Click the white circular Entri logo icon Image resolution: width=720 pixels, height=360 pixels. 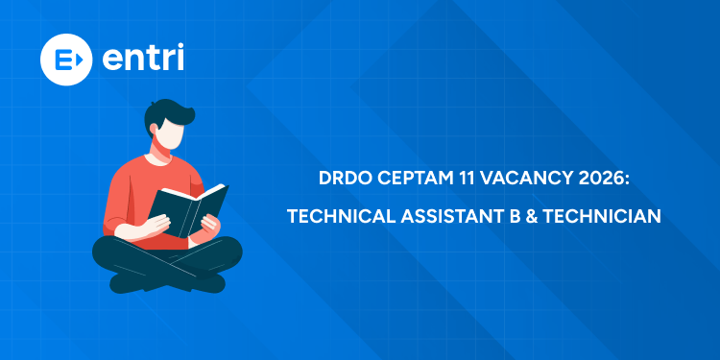[65, 58]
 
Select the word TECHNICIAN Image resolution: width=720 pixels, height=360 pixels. [602, 217]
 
